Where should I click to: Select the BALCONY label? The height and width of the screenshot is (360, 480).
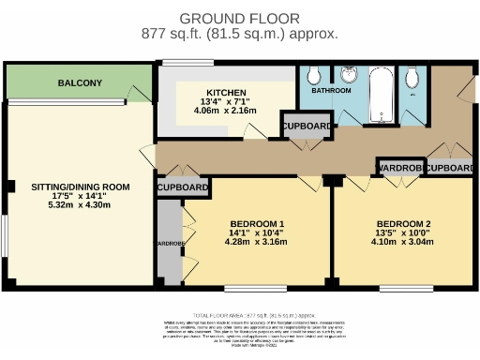pos(80,83)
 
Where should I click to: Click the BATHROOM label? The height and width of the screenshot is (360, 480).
pos(331,91)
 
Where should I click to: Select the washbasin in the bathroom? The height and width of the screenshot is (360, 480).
pos(348,77)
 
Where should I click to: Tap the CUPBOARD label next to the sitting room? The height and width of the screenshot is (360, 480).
pos(182,188)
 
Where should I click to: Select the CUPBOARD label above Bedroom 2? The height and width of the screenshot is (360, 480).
pos(450,168)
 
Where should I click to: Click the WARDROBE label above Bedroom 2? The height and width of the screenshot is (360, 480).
pos(400,168)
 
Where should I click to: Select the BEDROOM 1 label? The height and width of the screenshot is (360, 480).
pos(256,223)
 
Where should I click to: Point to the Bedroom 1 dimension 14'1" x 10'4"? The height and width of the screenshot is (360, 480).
pos(256,232)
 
